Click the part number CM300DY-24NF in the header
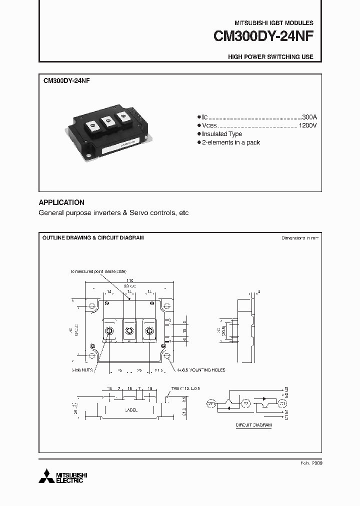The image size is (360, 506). click(x=263, y=36)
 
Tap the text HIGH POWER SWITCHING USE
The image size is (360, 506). click(x=270, y=57)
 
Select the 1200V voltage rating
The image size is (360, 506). click(x=307, y=125)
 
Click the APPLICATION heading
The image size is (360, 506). click(x=61, y=202)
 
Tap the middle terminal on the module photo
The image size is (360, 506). click(x=106, y=123)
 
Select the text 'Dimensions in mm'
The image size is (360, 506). click(x=300, y=238)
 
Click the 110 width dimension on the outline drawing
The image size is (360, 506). click(x=129, y=281)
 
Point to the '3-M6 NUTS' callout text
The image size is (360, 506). click(x=81, y=370)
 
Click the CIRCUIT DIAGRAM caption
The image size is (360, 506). click(x=254, y=425)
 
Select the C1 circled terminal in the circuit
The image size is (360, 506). click(x=283, y=403)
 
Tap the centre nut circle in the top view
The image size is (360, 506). click(x=129, y=330)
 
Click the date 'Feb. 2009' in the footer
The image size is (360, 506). click(x=311, y=463)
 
